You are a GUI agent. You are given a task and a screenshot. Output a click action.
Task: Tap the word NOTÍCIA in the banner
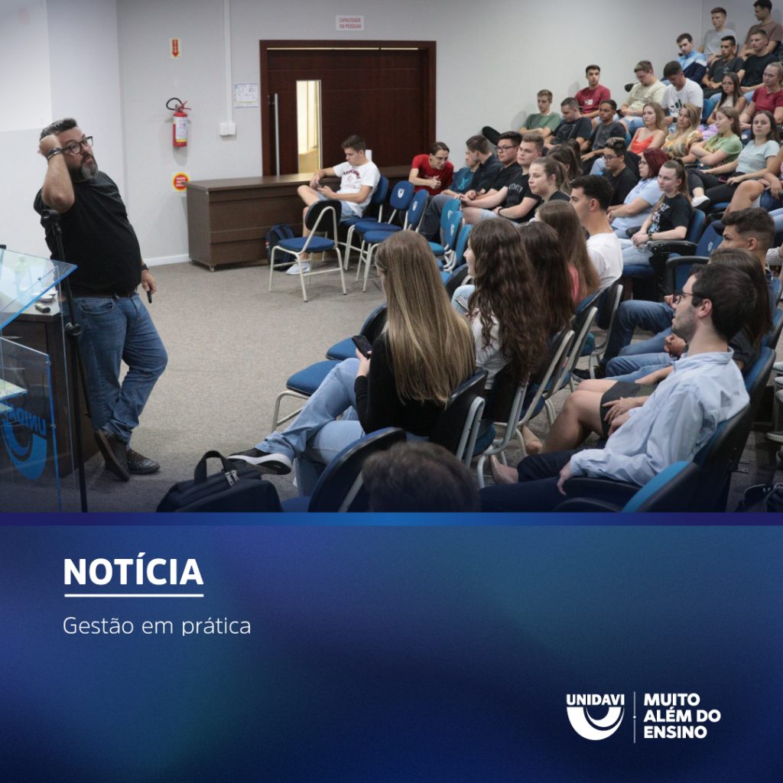pos(133,571)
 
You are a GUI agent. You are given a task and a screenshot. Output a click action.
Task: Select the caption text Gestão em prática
pos(157,625)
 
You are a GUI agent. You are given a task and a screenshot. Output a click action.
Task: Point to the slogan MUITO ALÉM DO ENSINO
pos(681,716)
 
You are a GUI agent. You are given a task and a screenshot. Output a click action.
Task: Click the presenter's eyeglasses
pos(78,145)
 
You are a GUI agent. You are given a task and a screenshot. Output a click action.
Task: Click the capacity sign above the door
pos(349,23)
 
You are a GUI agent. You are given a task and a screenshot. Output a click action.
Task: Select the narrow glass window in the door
pos(309,126)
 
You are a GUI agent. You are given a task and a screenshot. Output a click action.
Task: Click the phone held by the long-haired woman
pos(362,346)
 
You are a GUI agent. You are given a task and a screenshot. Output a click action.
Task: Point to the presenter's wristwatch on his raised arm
pos(54,153)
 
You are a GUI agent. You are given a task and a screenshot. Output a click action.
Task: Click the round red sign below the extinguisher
pos(180,182)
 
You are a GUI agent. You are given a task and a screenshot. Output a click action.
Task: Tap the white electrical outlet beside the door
pos(227,128)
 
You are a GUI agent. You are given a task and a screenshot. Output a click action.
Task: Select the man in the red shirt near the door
pos(432,168)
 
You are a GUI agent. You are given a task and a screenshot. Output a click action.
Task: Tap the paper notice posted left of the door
pos(245,95)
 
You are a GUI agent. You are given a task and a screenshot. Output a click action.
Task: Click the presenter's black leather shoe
pos(141,462)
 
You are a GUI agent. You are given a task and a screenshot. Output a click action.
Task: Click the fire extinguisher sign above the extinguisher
pos(175,48)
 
